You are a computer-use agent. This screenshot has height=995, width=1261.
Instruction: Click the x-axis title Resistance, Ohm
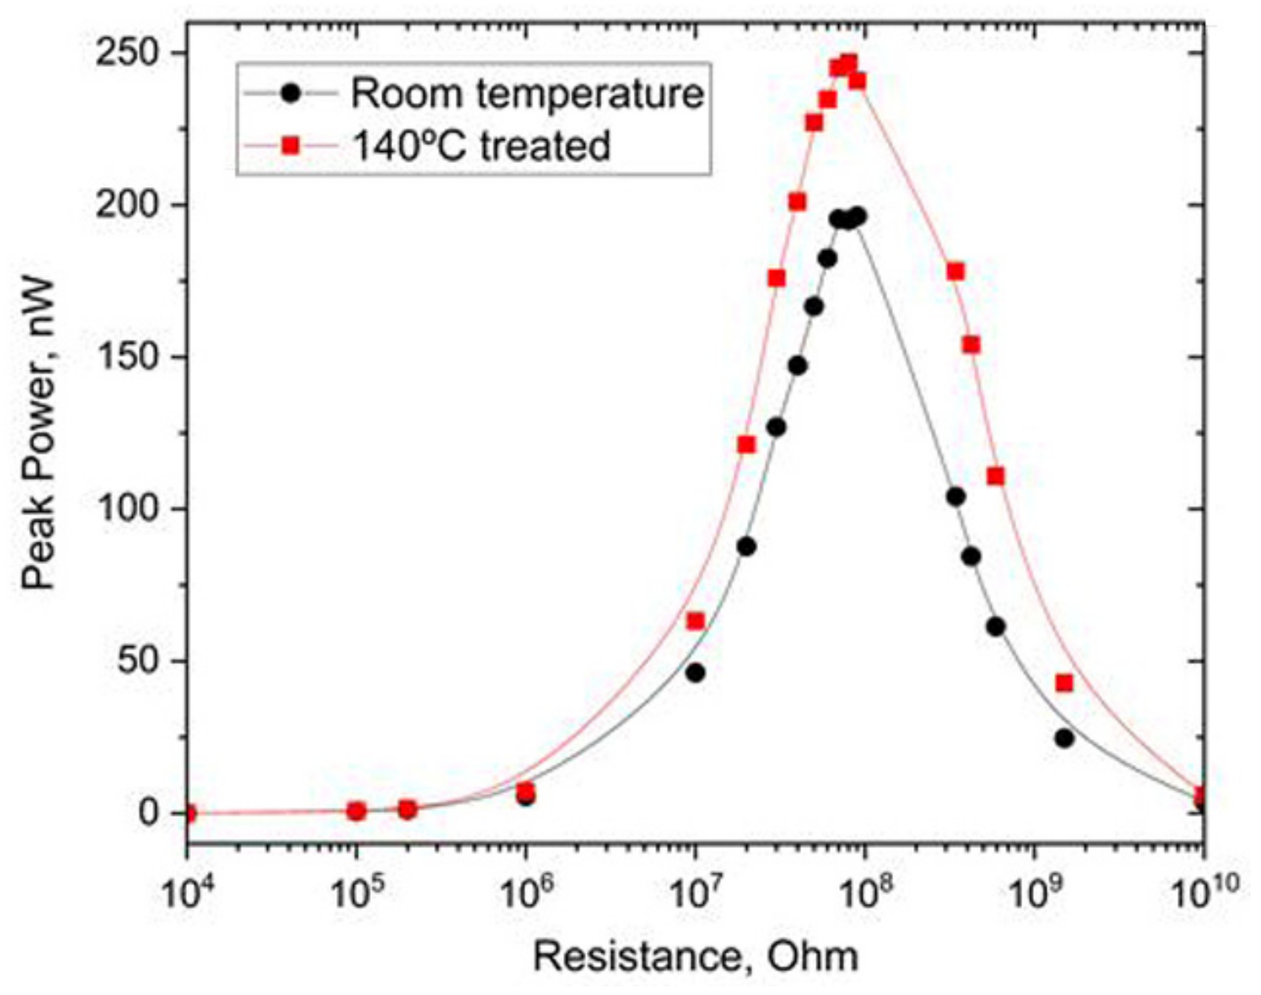(x=695, y=957)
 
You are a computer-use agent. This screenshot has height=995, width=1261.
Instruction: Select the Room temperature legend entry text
(x=527, y=94)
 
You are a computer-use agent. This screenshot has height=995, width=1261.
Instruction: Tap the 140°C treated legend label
(x=481, y=147)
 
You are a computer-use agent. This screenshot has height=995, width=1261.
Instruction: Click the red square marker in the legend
(x=289, y=147)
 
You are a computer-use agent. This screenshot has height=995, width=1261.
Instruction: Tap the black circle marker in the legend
(x=289, y=94)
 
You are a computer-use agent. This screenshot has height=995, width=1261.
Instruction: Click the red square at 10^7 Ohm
(x=695, y=621)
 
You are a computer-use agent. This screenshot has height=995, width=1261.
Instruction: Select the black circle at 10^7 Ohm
(x=695, y=673)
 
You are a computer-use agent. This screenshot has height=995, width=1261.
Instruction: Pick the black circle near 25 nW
(x=1064, y=738)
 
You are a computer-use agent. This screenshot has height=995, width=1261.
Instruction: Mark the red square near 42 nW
(x=1064, y=683)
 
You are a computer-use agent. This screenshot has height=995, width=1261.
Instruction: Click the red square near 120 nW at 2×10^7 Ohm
(x=746, y=444)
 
